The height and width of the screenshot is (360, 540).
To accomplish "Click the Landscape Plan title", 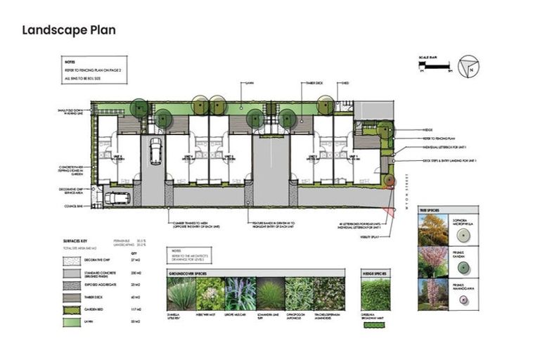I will (x=68, y=30).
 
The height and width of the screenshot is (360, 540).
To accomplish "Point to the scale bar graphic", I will (x=434, y=67).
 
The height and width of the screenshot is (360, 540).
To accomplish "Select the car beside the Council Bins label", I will (x=117, y=198).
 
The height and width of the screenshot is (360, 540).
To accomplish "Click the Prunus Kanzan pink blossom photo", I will (x=434, y=261).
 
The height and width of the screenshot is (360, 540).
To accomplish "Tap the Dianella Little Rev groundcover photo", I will (x=181, y=294).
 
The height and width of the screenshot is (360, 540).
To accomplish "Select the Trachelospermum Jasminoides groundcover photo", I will (x=329, y=294).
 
